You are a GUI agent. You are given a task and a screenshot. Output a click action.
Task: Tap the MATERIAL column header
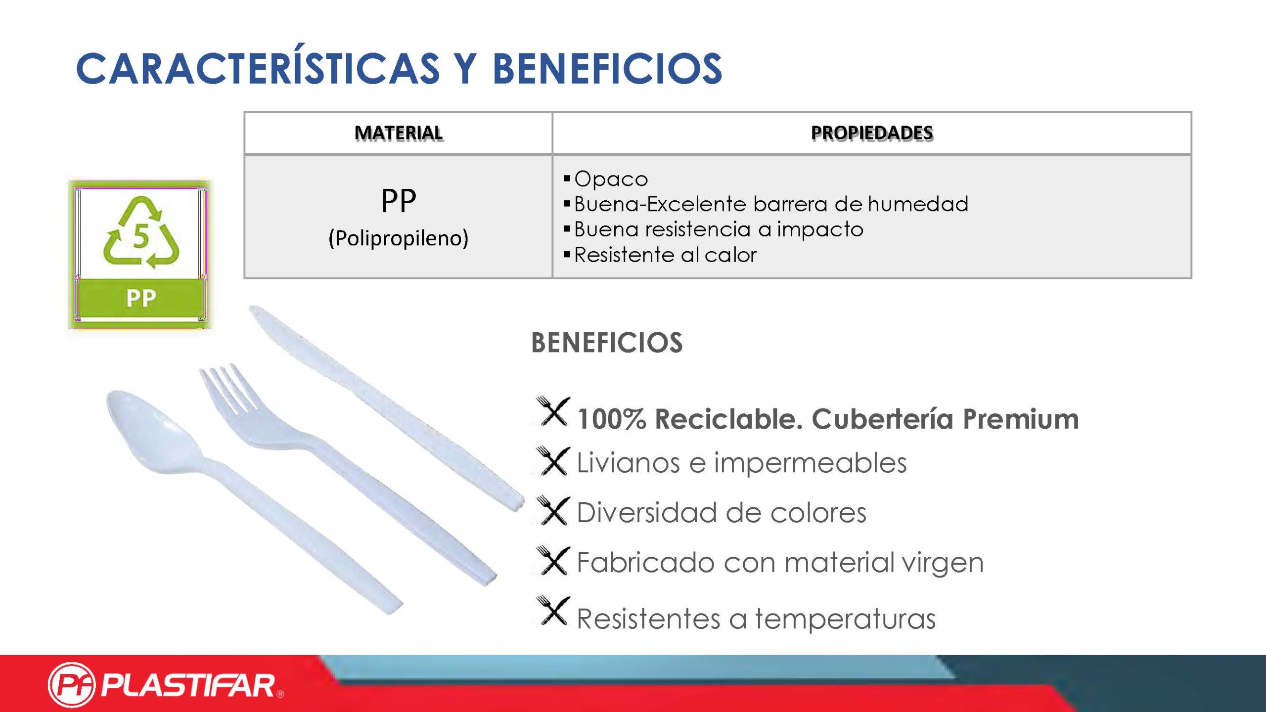click(399, 133)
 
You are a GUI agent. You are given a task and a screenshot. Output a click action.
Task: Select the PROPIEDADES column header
click(872, 133)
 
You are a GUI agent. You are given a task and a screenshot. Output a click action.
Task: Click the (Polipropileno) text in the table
click(399, 238)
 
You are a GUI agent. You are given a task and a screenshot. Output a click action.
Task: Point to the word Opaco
click(611, 179)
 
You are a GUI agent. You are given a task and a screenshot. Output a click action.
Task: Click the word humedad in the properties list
click(918, 204)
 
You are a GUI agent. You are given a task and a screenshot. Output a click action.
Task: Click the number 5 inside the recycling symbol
click(141, 235)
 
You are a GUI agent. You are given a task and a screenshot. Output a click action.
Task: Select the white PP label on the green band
click(141, 298)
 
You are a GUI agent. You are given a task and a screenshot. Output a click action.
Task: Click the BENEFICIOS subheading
click(607, 343)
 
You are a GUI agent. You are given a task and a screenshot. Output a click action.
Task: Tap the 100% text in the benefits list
click(611, 419)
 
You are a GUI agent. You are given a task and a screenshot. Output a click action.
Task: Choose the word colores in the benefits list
click(818, 513)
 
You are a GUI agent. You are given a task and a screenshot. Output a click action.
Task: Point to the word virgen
click(943, 564)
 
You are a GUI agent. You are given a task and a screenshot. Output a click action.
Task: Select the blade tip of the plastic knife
click(254, 310)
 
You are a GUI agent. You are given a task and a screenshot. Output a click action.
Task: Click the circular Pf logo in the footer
click(72, 685)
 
